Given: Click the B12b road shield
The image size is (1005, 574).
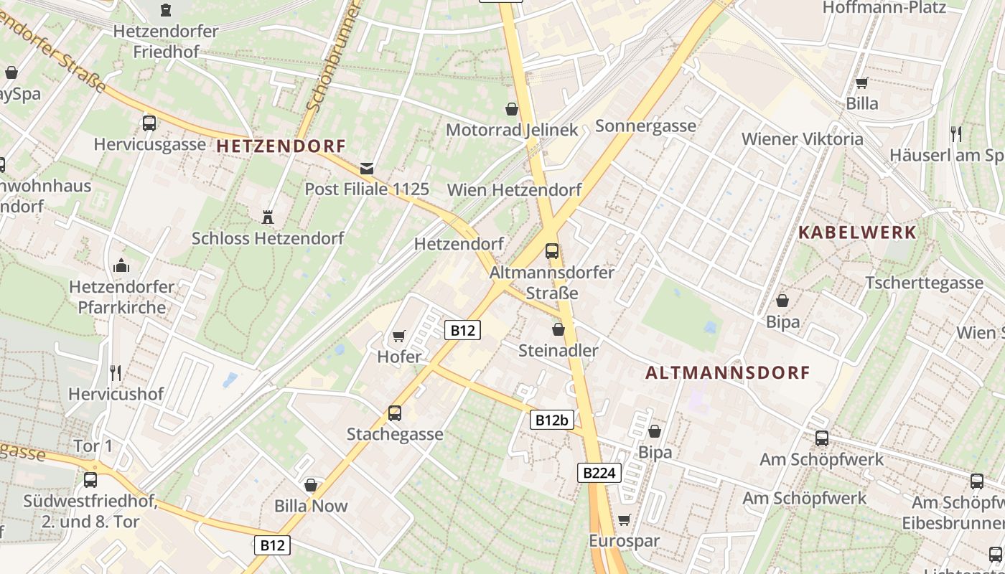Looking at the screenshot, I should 552,420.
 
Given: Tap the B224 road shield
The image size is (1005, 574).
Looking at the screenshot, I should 599,473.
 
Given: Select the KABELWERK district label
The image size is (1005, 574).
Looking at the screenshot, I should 857,232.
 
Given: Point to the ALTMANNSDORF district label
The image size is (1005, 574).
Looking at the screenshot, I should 727,373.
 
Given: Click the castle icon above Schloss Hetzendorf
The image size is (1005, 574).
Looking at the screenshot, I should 268,216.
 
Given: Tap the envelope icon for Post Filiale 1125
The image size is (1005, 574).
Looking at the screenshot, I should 367,169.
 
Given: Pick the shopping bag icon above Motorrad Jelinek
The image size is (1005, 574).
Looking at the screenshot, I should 512,109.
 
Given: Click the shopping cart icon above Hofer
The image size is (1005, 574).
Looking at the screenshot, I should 399,336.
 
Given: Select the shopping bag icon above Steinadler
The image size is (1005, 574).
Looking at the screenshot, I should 558,329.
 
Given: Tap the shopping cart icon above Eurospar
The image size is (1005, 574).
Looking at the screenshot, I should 624,519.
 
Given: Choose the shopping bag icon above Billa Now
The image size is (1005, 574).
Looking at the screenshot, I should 311,485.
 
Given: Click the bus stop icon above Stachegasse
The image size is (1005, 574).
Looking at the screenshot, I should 394,413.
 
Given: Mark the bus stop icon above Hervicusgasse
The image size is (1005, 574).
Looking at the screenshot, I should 149,123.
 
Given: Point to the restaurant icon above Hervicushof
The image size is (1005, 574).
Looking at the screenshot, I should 116,372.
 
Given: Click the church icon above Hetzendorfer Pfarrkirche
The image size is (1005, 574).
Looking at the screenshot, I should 121,266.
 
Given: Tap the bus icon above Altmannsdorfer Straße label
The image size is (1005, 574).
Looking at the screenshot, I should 551,251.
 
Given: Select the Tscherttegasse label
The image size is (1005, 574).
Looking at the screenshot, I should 924,283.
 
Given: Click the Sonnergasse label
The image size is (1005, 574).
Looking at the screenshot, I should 645,126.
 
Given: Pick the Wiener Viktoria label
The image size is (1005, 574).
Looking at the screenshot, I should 802,138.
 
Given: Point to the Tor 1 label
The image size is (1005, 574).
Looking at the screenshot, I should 93,446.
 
